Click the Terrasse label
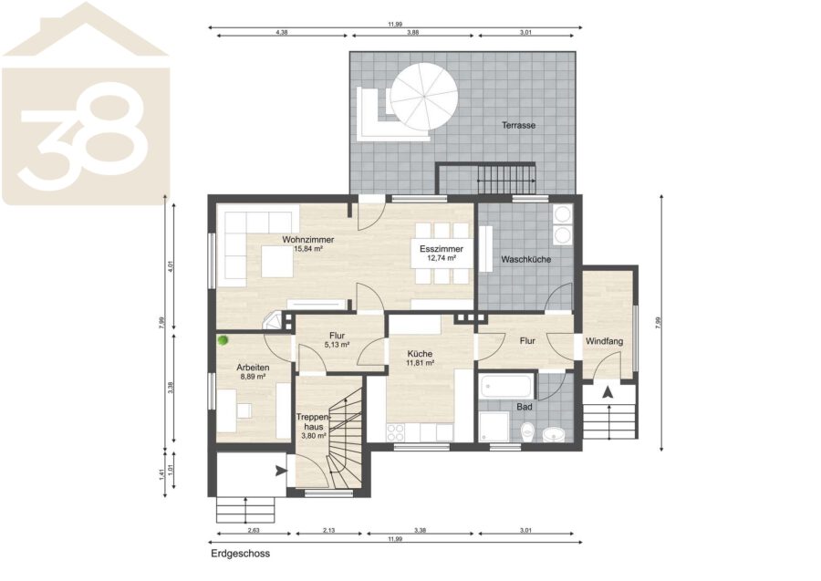point(518,125)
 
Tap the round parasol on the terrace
point(424,98)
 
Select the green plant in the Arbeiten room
point(223,341)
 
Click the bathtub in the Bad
point(505,388)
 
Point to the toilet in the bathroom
point(527,431)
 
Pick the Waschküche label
point(525,259)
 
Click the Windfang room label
point(604,341)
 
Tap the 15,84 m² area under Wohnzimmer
point(308,249)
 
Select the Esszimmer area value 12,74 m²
point(442,257)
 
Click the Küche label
point(420,354)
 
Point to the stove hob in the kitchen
point(395,432)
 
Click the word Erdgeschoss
point(241,554)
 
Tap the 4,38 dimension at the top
point(282,33)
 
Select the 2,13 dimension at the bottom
point(328,530)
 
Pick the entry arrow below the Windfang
point(608,392)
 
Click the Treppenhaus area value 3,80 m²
point(314,435)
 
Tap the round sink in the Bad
point(553,434)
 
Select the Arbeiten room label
point(253,368)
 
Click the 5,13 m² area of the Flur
point(338,345)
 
